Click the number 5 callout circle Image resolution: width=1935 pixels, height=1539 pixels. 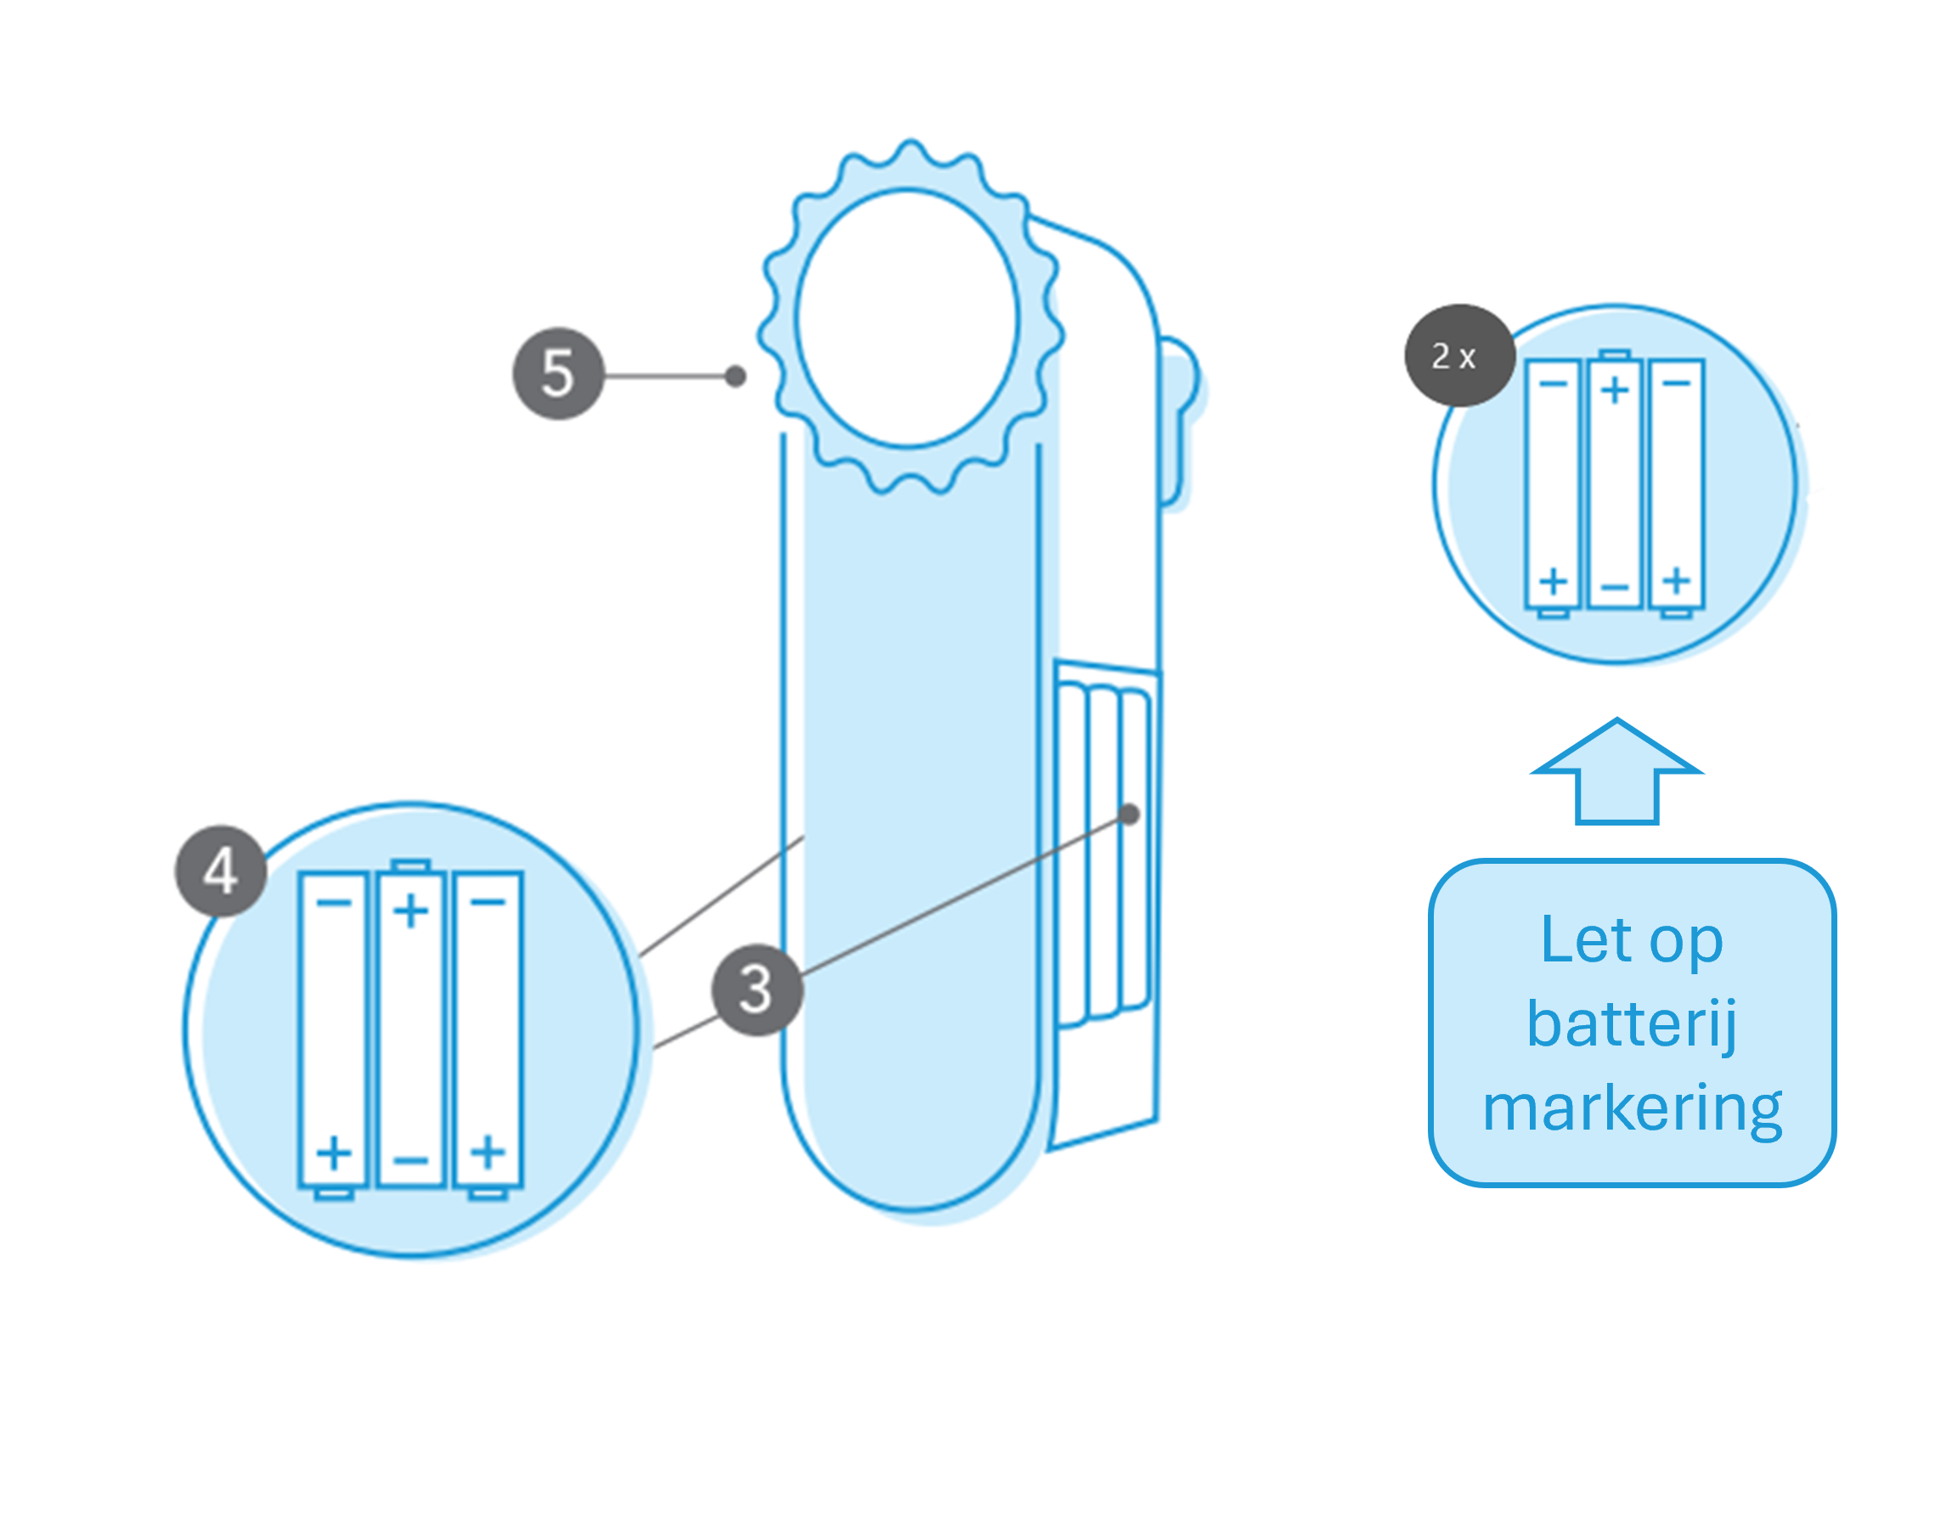tap(557, 374)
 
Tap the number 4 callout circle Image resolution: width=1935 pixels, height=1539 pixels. tap(221, 871)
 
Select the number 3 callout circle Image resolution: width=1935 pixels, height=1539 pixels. tap(757, 989)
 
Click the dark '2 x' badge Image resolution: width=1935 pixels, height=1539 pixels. tap(1460, 355)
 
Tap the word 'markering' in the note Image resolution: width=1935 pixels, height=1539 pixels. tap(1632, 1109)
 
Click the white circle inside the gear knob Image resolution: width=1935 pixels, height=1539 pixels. tap(906, 318)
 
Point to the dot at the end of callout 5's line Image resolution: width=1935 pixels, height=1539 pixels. tap(735, 376)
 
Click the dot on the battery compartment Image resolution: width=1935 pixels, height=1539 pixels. tap(1129, 814)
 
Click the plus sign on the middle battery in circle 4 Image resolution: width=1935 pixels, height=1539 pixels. tap(411, 911)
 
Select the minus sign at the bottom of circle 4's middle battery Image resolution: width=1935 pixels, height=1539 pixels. tap(411, 1160)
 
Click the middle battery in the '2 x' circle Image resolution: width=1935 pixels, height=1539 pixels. tap(1615, 479)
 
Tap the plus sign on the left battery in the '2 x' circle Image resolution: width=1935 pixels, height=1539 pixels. tap(1554, 582)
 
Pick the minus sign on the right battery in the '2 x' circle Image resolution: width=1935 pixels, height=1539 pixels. tap(1677, 384)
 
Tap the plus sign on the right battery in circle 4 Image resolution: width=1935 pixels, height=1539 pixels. tap(488, 1153)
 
